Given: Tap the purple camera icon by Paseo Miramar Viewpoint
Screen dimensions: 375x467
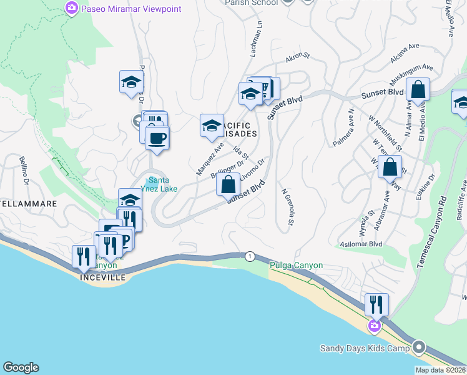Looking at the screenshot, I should [x=72, y=9].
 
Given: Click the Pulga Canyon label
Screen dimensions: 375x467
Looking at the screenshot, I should [x=296, y=265].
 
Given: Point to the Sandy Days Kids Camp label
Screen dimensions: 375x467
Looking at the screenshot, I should [x=365, y=348].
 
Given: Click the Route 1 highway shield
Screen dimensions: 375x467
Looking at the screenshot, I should [x=250, y=256].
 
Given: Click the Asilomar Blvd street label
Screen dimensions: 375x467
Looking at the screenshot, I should [x=360, y=243].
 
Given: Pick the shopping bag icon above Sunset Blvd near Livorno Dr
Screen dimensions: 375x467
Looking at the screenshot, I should [x=228, y=185].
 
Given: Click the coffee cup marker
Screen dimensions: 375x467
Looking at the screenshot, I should [x=157, y=137].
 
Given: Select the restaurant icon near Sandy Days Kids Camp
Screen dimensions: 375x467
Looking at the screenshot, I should [x=376, y=304].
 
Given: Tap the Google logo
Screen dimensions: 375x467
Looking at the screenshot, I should [x=21, y=367].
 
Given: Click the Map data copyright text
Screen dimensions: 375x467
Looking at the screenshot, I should [x=440, y=370].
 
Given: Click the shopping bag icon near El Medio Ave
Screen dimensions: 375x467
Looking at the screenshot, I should [x=418, y=90].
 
